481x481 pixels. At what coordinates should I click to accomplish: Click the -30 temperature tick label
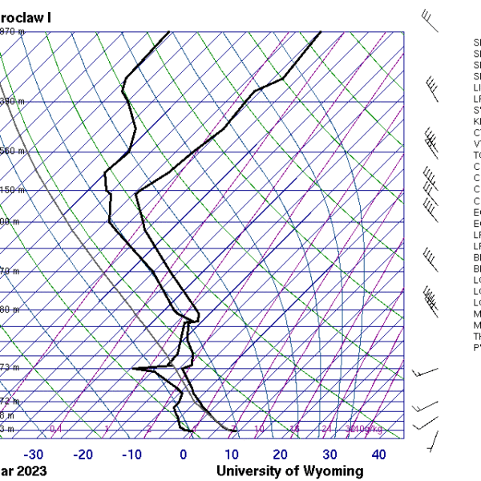(34, 455)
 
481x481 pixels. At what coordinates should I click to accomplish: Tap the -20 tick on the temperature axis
(83, 455)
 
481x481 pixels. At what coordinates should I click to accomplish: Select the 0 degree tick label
(184, 455)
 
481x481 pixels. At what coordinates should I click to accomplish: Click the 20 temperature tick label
(280, 455)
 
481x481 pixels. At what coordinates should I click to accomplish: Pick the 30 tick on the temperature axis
(329, 455)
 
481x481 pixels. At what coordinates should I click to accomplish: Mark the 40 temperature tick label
(378, 455)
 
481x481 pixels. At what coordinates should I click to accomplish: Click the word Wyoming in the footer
(332, 471)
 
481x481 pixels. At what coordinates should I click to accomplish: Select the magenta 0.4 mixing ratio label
(56, 430)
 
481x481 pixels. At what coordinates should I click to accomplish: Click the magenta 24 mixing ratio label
(326, 430)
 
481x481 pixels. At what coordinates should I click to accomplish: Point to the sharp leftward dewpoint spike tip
(133, 369)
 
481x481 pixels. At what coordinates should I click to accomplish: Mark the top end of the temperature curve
(321, 32)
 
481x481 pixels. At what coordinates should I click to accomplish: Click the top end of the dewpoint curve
(168, 32)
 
